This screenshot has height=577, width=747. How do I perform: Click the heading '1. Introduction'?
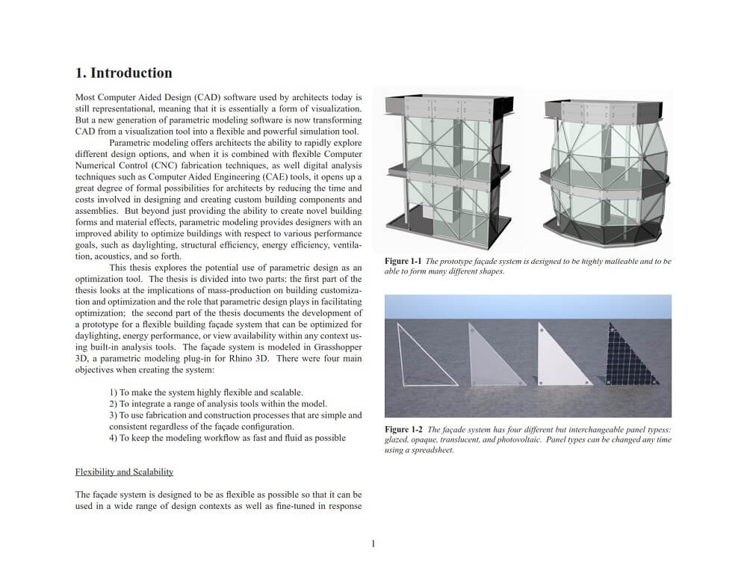[123, 73]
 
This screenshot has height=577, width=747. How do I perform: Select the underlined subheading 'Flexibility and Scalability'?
[124, 472]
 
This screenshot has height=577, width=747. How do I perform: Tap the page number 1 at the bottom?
[373, 543]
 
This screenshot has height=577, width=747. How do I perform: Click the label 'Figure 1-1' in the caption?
[403, 262]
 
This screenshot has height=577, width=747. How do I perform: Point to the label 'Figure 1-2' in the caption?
[403, 430]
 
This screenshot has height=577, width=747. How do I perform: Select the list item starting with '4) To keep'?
[227, 438]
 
